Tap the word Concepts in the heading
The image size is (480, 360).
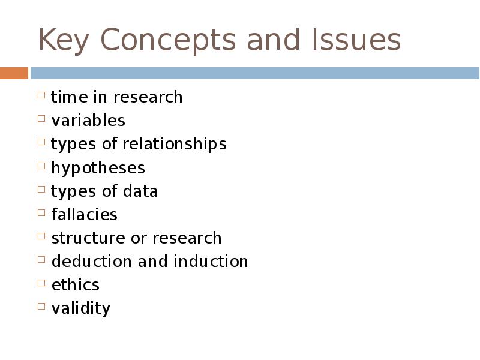(166, 41)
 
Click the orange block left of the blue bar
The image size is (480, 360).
(14, 73)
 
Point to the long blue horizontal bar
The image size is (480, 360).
(255, 73)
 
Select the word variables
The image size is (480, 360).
(88, 120)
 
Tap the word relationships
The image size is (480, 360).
(175, 144)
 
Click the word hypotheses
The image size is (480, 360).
(98, 167)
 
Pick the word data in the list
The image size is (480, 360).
(140, 191)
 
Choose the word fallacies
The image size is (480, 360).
(84, 214)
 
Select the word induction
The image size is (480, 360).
(211, 261)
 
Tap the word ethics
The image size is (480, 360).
(75, 284)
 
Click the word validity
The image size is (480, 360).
(80, 308)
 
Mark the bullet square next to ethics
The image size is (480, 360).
(41, 283)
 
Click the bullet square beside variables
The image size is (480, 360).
(41, 118)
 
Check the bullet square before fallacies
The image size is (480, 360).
(41, 212)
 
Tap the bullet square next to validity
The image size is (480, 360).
(41, 306)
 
